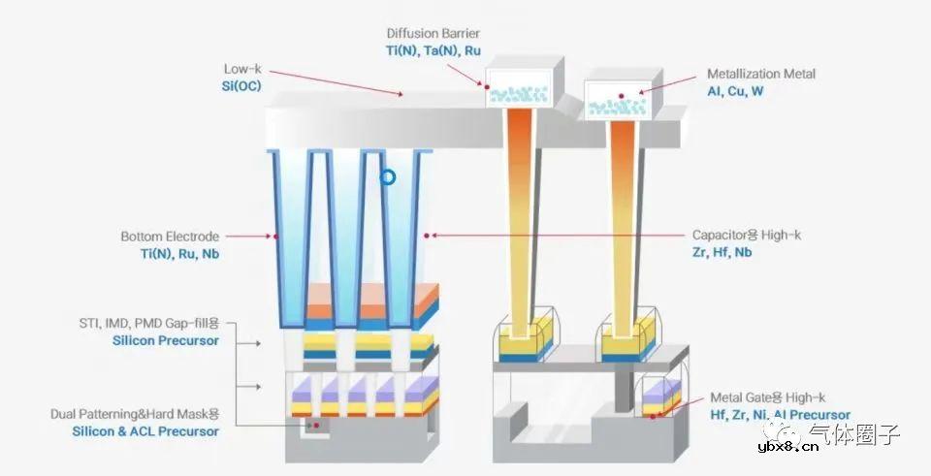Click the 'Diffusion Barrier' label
pyautogui.click(x=433, y=33)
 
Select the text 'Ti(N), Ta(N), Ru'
pyautogui.click(x=433, y=50)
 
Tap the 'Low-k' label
pyautogui.click(x=242, y=70)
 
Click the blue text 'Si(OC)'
pyautogui.click(x=241, y=86)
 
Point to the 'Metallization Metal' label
pyautogui.click(x=760, y=74)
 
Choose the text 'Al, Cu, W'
pyautogui.click(x=736, y=91)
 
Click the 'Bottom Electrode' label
pyautogui.click(x=171, y=237)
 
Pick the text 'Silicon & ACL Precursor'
pyautogui.click(x=145, y=430)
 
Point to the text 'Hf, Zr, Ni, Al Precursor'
pyautogui.click(x=780, y=415)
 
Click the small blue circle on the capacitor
pyautogui.click(x=388, y=177)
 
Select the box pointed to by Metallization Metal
pyautogui.click(x=618, y=99)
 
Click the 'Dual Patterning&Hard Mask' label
pyautogui.click(x=135, y=414)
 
